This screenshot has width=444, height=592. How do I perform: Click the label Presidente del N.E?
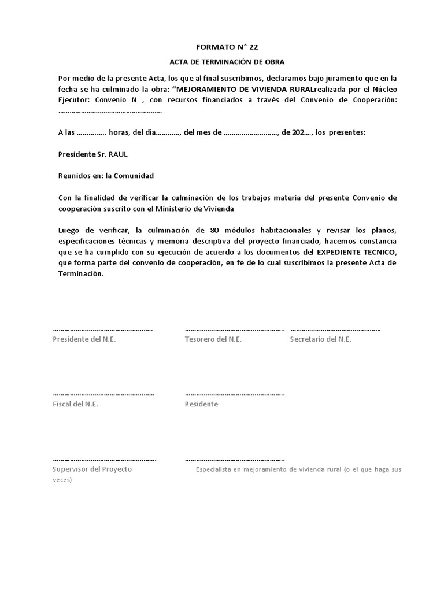(84, 339)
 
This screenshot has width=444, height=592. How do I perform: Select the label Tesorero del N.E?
(213, 339)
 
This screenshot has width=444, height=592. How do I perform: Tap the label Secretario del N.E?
(320, 339)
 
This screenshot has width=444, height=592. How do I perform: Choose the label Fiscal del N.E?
(75, 404)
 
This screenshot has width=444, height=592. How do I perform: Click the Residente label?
(201, 404)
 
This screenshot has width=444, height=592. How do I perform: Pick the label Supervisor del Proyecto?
(92, 469)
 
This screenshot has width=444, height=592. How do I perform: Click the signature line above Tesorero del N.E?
(235, 330)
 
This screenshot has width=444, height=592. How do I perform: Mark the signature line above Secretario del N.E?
(335, 330)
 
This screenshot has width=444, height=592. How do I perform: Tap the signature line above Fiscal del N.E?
(103, 394)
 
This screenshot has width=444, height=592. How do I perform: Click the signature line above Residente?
(235, 394)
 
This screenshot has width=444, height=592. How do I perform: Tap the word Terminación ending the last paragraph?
(80, 275)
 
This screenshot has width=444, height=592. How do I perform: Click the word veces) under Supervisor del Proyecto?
(62, 480)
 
